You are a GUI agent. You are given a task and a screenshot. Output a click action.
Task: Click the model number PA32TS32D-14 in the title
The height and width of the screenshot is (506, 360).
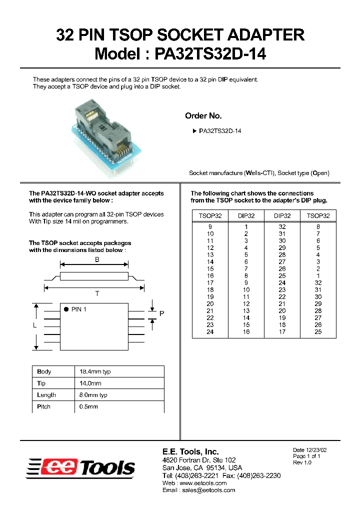point(210,53)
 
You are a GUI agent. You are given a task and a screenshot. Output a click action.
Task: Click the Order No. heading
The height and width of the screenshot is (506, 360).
point(203,115)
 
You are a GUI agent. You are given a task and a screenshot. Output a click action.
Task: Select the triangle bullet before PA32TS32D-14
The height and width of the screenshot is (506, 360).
point(194,131)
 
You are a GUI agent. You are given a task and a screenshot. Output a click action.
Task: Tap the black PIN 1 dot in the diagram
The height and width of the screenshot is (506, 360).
point(66,309)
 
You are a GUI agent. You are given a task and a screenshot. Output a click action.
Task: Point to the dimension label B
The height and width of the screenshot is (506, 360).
point(97,259)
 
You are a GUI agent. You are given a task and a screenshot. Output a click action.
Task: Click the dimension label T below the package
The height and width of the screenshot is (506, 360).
point(97,294)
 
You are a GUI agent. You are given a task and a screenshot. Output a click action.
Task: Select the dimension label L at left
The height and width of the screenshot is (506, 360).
point(34,325)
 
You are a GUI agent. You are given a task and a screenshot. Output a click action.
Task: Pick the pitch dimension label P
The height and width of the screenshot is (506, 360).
point(161,313)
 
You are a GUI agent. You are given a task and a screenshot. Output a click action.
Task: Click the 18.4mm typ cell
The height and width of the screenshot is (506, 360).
point(95,371)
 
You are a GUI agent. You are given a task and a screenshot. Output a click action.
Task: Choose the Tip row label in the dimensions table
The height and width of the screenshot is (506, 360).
point(41,383)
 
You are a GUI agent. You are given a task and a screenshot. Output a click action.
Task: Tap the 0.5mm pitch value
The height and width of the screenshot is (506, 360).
point(88,406)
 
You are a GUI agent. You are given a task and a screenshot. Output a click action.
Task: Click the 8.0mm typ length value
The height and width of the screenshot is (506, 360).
point(93,395)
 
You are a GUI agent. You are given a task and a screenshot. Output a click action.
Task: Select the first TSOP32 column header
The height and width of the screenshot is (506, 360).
point(210,216)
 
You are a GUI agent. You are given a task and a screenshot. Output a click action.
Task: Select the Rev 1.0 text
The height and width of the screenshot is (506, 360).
point(302,462)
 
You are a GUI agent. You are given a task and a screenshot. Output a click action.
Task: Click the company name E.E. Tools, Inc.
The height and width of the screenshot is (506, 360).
point(190,451)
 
